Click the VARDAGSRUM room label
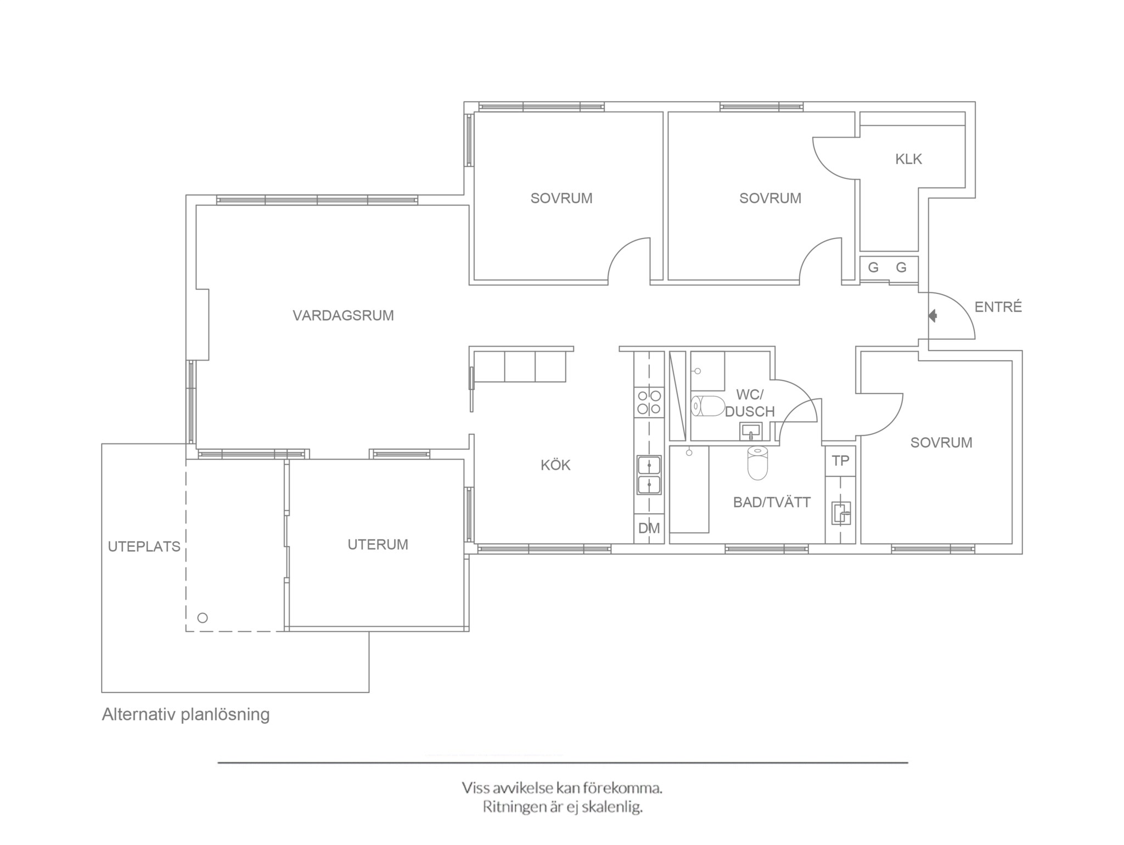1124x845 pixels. (343, 316)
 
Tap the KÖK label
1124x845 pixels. (555, 465)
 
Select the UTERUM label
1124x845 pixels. (378, 545)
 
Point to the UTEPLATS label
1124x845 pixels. (144, 547)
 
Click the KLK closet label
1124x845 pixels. (909, 159)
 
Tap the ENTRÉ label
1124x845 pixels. (998, 307)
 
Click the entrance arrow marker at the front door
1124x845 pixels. (932, 316)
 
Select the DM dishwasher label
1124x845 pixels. (649, 528)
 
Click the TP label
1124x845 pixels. (840, 461)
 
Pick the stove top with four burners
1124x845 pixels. (649, 402)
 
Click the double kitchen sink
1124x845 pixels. (649, 475)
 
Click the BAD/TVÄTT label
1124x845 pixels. (772, 502)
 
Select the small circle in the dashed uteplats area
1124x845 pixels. (203, 618)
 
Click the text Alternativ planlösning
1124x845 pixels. (186, 715)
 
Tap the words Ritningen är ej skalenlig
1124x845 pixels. (563, 807)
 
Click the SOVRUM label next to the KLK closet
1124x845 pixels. (770, 198)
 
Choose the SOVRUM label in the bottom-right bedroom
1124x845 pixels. (941, 443)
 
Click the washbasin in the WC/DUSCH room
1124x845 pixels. (751, 431)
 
